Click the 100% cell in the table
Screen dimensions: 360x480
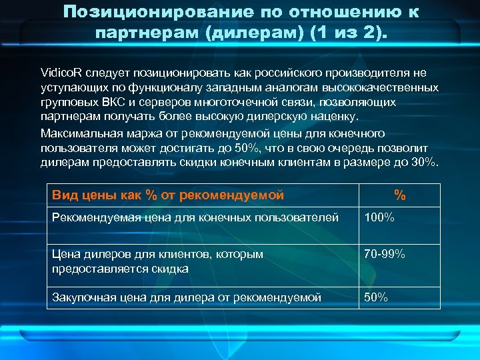point(380,217)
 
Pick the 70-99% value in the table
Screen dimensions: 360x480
point(385,254)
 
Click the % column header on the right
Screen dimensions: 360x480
point(399,195)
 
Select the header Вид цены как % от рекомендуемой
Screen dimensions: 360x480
point(168,195)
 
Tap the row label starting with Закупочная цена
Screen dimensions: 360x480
point(187,297)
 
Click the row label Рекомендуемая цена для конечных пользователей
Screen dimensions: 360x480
point(195,217)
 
